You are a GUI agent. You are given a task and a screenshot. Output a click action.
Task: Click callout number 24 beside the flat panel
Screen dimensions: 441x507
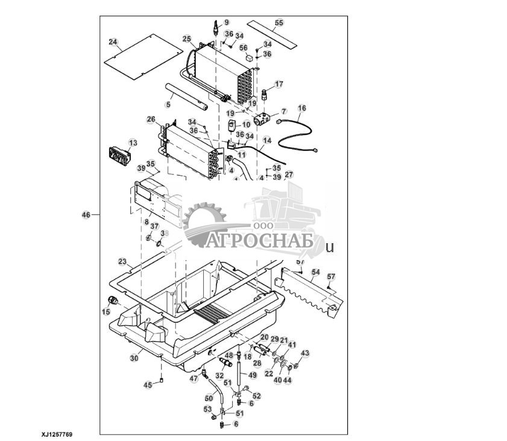tap(112, 42)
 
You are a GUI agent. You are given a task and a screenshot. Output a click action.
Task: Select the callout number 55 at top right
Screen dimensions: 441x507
tap(279, 22)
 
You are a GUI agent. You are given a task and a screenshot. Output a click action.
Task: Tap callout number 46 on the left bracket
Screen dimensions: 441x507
tap(86, 215)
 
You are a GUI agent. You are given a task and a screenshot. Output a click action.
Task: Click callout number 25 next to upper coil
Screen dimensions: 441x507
tap(187, 39)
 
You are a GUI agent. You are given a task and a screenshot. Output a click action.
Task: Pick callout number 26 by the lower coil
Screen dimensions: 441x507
tap(151, 119)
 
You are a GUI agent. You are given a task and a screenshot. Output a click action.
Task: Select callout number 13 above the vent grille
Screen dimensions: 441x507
tap(133, 142)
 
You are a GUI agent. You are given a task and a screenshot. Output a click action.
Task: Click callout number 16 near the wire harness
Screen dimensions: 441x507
tap(302, 108)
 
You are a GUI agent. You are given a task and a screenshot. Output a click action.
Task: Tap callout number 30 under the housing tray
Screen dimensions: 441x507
tap(134, 358)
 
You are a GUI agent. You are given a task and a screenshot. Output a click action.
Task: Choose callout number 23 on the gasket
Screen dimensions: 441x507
tap(122, 262)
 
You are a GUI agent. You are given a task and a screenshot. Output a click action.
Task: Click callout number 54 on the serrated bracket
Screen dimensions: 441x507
tap(315, 273)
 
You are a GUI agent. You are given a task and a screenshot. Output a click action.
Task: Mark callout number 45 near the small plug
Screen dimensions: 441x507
tap(148, 384)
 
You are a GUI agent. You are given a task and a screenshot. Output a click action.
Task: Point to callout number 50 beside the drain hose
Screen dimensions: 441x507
tap(209, 398)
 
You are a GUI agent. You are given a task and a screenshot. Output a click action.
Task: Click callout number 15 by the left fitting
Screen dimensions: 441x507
tap(106, 311)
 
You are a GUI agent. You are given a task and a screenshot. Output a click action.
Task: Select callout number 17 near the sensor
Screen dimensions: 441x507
tap(279, 84)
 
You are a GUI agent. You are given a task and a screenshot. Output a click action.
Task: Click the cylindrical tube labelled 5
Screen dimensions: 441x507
tap(188, 97)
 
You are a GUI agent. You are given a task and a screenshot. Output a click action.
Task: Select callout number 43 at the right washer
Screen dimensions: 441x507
tap(304, 353)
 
